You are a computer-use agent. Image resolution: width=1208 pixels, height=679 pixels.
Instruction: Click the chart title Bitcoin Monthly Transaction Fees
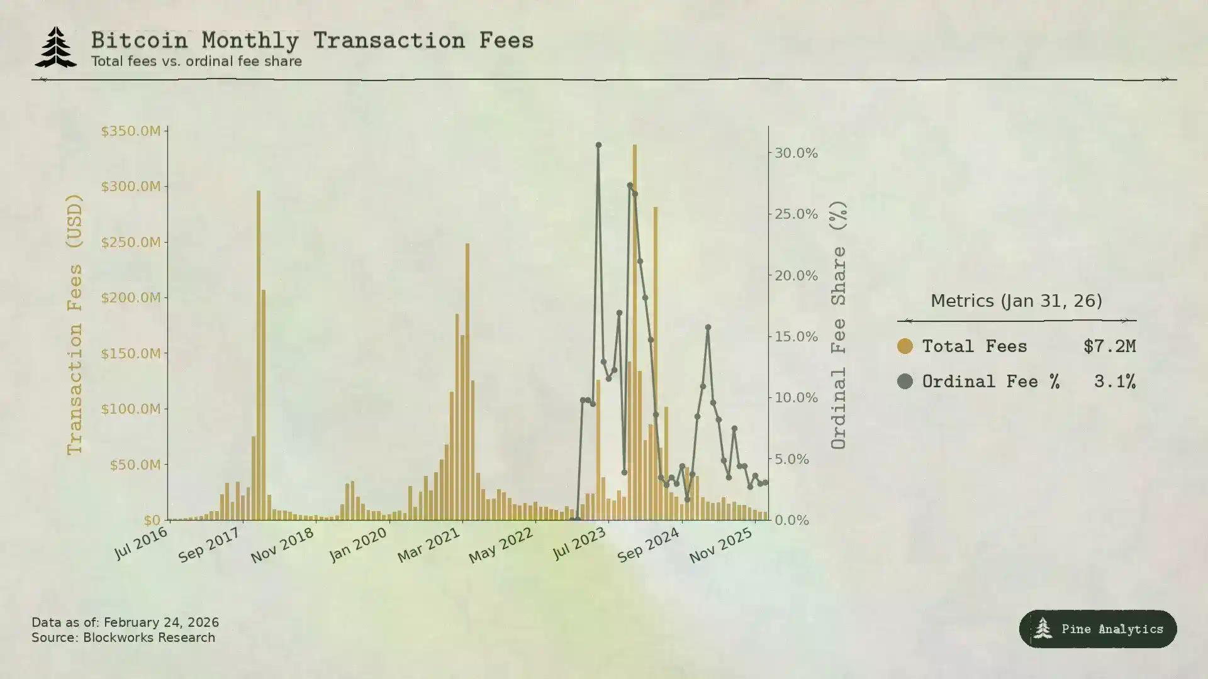coord(312,41)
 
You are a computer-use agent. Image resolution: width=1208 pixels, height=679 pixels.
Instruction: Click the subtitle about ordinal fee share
coord(196,62)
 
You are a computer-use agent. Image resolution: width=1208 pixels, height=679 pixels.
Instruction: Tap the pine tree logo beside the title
coord(56,47)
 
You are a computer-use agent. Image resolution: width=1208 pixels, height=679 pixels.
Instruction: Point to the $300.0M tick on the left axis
coord(131,187)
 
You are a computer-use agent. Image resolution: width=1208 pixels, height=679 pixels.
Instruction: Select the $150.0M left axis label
coord(131,353)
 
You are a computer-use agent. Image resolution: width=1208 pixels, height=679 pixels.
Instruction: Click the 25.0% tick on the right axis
coord(796,214)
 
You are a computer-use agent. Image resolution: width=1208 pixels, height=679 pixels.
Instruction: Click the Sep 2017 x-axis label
coord(209,545)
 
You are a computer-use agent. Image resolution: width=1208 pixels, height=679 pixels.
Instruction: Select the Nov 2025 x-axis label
coord(720,545)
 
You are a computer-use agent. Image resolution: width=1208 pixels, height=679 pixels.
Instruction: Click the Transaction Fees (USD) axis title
coord(75,324)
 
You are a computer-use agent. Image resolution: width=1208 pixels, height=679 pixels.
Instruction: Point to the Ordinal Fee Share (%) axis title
coord(839,324)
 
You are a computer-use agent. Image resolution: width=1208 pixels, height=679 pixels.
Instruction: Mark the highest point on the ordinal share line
coord(598,145)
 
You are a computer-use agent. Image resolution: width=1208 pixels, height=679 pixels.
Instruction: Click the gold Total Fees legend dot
coord(905,346)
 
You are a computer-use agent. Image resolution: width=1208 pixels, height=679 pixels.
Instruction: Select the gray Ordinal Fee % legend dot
coord(905,382)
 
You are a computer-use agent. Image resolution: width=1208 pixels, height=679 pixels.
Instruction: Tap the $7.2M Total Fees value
coord(1109,346)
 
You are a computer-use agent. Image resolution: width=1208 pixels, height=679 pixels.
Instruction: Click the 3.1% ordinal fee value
coord(1114,382)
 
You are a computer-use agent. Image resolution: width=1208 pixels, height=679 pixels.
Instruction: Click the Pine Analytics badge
coord(1098,629)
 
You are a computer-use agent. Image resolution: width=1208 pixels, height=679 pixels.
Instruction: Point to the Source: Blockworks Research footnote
coord(123,638)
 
